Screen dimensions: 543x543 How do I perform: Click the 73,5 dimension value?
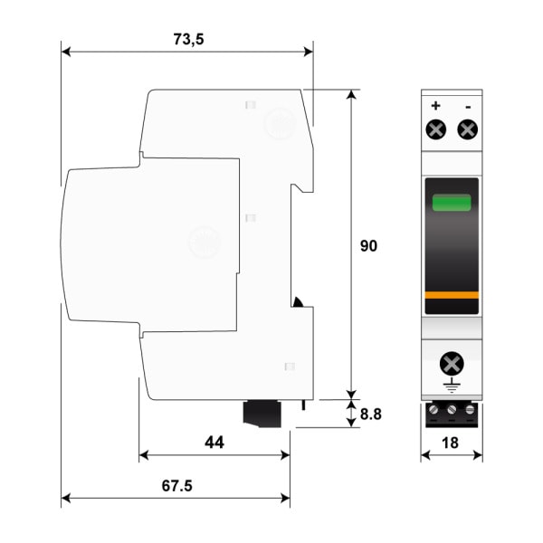(188, 39)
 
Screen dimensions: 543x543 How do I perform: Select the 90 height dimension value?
(368, 246)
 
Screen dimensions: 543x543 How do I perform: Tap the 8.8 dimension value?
(371, 414)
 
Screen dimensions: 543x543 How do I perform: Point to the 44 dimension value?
(214, 443)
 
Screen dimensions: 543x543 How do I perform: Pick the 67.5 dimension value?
(177, 486)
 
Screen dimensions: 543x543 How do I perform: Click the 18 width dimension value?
(450, 443)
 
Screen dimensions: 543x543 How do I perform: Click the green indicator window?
(452, 203)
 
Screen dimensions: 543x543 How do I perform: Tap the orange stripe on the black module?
(452, 295)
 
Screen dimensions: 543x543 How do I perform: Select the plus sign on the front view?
(435, 106)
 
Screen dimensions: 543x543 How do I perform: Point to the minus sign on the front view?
(468, 107)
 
